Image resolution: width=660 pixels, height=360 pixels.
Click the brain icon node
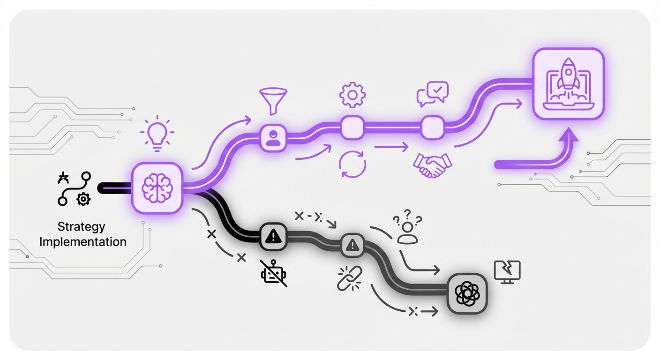click(x=157, y=188)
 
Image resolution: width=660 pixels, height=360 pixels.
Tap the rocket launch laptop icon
click(x=569, y=84)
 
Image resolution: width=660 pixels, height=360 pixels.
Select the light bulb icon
click(x=157, y=134)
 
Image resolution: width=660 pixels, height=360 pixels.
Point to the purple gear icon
click(x=352, y=95)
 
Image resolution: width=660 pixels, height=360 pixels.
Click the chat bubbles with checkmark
click(x=433, y=94)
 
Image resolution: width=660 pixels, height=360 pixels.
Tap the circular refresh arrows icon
click(x=352, y=164)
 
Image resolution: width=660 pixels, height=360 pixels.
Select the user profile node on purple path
click(x=273, y=138)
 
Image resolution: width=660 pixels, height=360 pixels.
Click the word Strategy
click(x=81, y=226)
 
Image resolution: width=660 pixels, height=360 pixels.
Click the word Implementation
click(x=83, y=242)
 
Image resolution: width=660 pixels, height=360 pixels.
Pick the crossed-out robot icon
click(x=274, y=273)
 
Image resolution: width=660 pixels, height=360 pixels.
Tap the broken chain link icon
click(x=349, y=278)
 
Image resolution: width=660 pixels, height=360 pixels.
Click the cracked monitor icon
click(x=507, y=272)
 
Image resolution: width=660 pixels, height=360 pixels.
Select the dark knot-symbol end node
click(x=467, y=293)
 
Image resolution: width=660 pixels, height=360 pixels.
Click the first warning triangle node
click(x=273, y=237)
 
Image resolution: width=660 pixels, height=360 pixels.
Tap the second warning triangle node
click(x=352, y=245)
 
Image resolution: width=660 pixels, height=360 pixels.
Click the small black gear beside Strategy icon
click(x=83, y=199)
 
